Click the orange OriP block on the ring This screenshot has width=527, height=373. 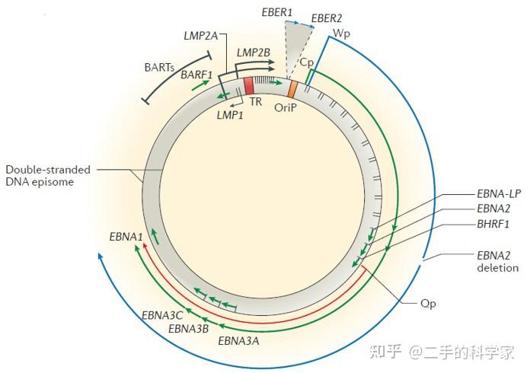pos(292,88)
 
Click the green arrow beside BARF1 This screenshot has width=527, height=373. pos(200,86)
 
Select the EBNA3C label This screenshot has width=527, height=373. pos(161,314)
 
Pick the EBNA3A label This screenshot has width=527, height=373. pos(238,340)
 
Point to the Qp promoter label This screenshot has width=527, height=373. pos(428,303)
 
